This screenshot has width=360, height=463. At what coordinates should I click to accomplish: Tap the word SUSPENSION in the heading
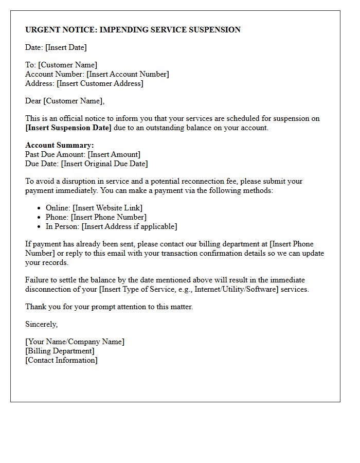pyautogui.click(x=215, y=30)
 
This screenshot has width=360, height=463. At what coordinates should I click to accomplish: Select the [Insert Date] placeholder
pyautogui.click(x=66, y=47)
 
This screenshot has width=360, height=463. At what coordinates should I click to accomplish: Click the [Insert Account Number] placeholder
pyautogui.click(x=128, y=74)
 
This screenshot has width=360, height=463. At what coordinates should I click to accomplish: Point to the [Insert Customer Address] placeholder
pyautogui.click(x=100, y=83)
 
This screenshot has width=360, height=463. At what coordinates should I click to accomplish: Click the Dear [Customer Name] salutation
pyautogui.click(x=65, y=101)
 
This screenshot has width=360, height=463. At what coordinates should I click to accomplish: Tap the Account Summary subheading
pyautogui.click(x=60, y=145)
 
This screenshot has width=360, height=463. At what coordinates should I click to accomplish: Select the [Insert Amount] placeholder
pyautogui.click(x=114, y=154)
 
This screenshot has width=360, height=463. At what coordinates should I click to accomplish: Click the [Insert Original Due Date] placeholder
pyautogui.click(x=104, y=164)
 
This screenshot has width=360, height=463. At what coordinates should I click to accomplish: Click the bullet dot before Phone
pyautogui.click(x=40, y=218)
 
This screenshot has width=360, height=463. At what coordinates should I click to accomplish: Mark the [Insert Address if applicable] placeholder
pyautogui.click(x=129, y=226)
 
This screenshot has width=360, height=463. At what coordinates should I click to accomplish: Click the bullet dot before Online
pyautogui.click(x=40, y=208)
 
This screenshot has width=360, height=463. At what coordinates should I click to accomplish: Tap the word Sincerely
pyautogui.click(x=41, y=324)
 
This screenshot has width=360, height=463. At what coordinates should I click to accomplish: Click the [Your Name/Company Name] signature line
pyautogui.click(x=75, y=342)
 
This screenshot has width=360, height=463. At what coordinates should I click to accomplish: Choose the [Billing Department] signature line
pyautogui.click(x=60, y=351)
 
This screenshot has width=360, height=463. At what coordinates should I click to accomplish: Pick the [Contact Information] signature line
pyautogui.click(x=61, y=360)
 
